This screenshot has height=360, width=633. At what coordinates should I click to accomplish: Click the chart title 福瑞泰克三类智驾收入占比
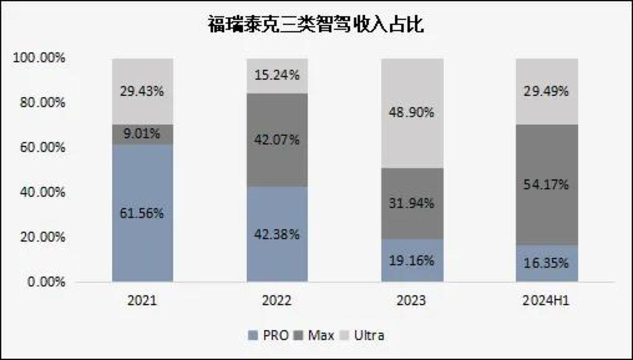point(316,25)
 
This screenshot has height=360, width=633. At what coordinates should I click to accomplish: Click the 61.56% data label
point(142,213)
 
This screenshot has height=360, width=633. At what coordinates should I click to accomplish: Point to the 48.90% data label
point(411,113)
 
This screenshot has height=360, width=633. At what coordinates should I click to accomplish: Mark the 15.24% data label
point(277,75)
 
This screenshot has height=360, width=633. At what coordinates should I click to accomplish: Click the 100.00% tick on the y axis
point(39,58)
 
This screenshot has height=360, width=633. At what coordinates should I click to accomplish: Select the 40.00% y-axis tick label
point(42,192)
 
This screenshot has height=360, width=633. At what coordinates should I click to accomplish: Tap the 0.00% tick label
point(46,282)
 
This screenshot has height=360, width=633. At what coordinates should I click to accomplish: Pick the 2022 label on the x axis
point(276,301)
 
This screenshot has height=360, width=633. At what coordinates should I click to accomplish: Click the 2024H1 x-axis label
point(547,301)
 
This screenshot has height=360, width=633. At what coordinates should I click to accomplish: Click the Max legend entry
point(314,335)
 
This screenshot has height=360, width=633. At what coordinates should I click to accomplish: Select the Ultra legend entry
point(363,335)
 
